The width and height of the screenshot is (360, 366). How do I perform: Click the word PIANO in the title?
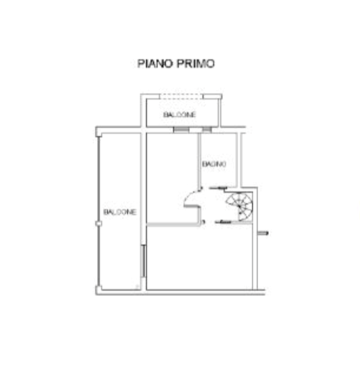(155, 63)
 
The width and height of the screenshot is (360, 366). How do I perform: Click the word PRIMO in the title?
(195, 63)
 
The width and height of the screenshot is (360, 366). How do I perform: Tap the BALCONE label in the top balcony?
(179, 115)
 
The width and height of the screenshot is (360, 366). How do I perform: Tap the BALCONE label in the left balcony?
(120, 212)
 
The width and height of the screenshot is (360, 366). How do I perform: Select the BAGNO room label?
(214, 164)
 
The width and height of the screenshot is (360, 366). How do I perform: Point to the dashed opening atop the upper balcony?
(182, 97)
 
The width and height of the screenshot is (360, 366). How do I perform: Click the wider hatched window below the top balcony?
(181, 130)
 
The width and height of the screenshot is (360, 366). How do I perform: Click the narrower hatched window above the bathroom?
(207, 130)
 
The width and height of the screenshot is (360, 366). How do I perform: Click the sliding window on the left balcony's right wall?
(143, 261)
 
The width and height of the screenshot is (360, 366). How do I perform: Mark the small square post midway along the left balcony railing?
(98, 224)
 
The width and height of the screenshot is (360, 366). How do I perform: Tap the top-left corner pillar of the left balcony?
(99, 132)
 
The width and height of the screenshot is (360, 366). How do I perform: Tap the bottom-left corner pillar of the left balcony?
(99, 290)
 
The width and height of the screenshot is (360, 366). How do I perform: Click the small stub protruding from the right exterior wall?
(263, 233)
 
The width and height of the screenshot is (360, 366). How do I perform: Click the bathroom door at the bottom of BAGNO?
(218, 188)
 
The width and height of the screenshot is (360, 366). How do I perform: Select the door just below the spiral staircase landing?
(223, 222)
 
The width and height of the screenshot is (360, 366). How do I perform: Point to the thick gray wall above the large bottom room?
(173, 224)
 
